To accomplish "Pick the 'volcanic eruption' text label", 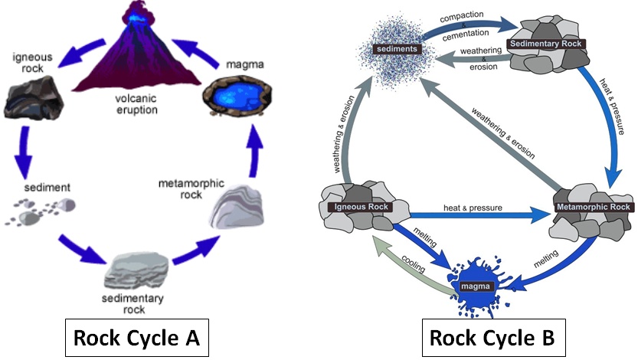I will (138, 105).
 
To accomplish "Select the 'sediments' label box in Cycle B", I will (396, 50).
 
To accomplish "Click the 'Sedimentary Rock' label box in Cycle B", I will (547, 44).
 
